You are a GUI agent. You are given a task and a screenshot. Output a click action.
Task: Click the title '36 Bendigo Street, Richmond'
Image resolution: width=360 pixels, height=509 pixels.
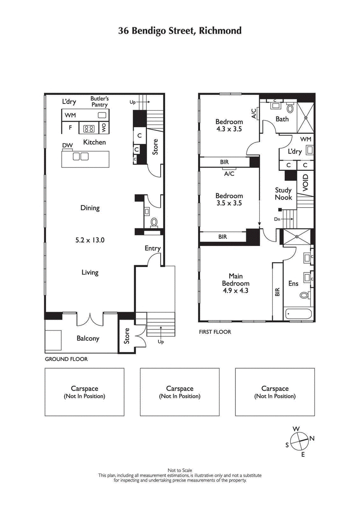(x=180, y=31)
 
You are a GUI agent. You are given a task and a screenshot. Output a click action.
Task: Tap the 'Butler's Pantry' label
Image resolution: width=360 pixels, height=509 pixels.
(x=99, y=102)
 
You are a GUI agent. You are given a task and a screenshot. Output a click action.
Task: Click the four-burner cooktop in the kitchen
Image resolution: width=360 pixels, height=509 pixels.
(x=89, y=129)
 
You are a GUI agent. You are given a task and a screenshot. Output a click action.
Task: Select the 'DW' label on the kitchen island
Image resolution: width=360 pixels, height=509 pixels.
(x=67, y=145)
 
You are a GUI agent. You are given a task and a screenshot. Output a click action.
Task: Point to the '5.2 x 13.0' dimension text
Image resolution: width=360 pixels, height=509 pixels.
(x=90, y=240)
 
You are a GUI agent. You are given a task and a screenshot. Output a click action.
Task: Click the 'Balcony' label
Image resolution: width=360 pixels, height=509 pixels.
(x=88, y=339)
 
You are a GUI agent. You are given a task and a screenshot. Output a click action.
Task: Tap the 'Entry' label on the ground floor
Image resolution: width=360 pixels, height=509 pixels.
(x=153, y=248)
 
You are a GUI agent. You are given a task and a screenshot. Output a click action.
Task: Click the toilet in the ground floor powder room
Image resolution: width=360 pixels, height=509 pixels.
(x=153, y=222)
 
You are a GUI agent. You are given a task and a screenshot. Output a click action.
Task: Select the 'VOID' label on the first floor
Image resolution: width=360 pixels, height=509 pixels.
(x=306, y=183)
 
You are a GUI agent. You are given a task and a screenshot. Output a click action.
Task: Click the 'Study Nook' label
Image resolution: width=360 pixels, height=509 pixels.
(x=283, y=194)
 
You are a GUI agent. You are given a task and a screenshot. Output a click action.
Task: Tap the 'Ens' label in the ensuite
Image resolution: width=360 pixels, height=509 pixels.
(x=293, y=284)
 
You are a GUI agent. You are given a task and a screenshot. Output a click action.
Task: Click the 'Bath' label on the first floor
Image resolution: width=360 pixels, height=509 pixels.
(x=282, y=119)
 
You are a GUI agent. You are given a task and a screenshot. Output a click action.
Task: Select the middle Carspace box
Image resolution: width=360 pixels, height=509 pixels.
(x=180, y=392)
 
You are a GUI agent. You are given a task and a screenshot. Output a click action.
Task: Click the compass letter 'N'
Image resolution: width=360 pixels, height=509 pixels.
(x=312, y=438)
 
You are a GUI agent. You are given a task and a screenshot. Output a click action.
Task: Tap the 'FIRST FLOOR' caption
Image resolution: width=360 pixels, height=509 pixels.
(x=215, y=332)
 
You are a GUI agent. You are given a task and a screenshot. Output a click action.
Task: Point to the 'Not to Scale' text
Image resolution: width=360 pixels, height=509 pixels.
(x=180, y=470)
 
